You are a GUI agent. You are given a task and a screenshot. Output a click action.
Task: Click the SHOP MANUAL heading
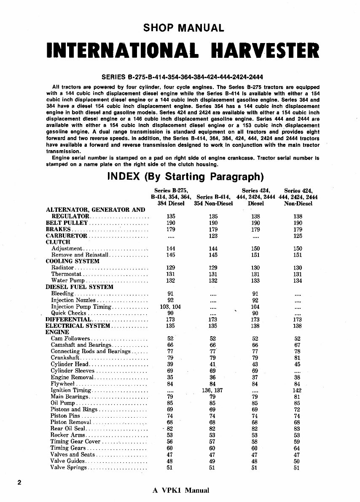tap(183, 28)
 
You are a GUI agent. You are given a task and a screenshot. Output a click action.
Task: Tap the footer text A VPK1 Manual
tap(181, 490)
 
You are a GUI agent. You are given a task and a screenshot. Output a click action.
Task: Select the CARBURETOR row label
tap(66, 236)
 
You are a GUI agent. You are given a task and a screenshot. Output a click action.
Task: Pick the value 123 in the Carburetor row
tap(213, 236)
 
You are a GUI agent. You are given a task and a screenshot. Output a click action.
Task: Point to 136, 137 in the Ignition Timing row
tap(213, 390)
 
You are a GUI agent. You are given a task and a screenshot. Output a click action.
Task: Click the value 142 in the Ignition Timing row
tap(298, 390)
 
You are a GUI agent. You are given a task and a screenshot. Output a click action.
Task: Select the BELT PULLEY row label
tap(67, 223)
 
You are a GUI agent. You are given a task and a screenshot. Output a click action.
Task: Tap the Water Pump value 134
tap(298, 281)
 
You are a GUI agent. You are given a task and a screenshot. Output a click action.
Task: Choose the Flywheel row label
tap(63, 384)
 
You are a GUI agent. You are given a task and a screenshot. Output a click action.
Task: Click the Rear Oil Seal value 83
tap(298, 429)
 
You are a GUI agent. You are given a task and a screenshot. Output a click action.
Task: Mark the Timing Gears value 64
tap(298, 448)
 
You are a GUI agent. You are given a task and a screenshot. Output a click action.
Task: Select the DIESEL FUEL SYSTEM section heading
tap(79, 287)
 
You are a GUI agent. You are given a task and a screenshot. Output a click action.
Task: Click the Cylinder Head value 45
tap(298, 364)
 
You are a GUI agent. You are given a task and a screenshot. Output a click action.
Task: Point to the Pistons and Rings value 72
tap(298, 409)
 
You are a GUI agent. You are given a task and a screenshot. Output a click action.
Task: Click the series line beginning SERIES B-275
tap(183, 77)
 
